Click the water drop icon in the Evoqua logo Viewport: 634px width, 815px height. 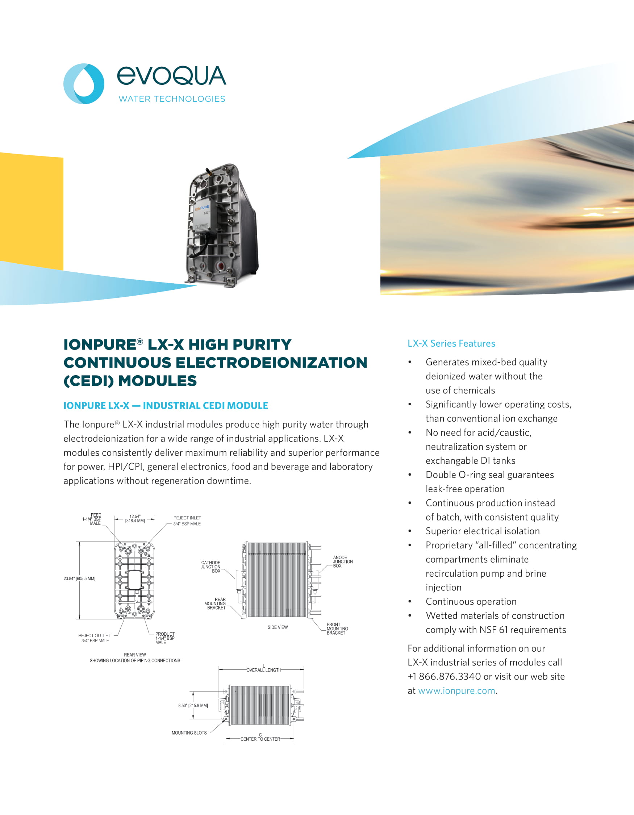[x=84, y=84]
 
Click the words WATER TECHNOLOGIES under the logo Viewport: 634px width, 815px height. [x=172, y=99]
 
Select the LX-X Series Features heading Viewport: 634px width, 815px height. [x=451, y=343]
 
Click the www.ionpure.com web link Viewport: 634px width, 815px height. [x=456, y=691]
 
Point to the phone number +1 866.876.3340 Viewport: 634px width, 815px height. [x=444, y=677]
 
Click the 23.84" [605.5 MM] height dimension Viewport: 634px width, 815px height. [x=79, y=579]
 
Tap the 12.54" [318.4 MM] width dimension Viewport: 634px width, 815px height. [x=135, y=519]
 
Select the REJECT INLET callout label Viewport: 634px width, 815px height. [x=187, y=518]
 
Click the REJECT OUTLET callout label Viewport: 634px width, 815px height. [x=95, y=635]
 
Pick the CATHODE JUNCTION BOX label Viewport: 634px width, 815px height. [x=210, y=567]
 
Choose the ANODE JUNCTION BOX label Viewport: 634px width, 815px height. [x=342, y=561]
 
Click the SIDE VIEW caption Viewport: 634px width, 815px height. [x=278, y=627]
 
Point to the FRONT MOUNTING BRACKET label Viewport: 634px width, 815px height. [x=337, y=629]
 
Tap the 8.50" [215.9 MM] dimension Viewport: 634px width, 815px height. [x=193, y=706]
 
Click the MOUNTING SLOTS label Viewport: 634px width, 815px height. [x=189, y=733]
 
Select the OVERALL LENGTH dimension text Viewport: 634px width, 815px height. [x=263, y=670]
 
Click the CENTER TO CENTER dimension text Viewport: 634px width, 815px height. [x=260, y=739]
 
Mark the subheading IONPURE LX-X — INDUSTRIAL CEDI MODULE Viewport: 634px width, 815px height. [x=166, y=406]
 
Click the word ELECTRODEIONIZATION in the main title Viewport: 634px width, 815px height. [x=271, y=363]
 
